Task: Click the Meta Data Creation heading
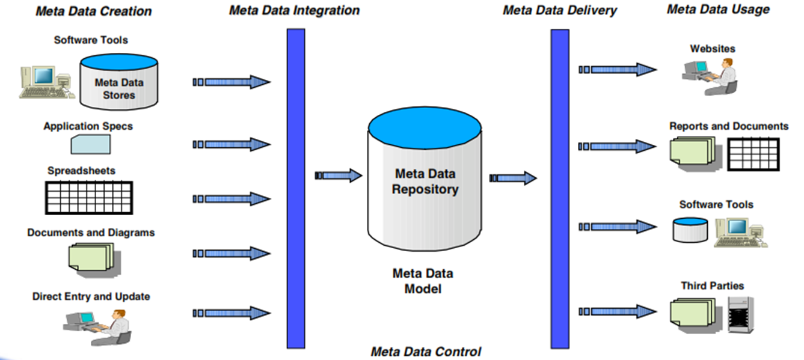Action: coord(93,11)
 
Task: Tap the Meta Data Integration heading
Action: coord(294,11)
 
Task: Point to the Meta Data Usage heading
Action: coord(718,9)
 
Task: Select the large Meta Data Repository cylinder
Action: coord(425,180)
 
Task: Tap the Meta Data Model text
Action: coord(423,281)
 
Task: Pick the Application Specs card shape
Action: coord(90,144)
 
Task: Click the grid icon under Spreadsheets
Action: coord(89,197)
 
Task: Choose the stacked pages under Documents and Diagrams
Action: coord(90,257)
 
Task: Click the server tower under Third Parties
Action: coord(740,316)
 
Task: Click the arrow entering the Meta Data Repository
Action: coord(339,175)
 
